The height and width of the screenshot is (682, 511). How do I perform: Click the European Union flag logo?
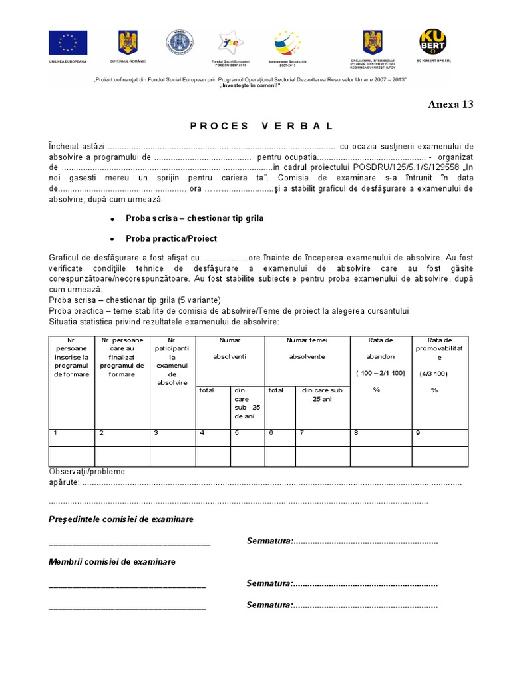68,43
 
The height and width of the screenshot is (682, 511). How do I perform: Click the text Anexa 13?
450,104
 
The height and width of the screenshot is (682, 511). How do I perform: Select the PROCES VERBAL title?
261,126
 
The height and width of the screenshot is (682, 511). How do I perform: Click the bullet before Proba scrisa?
112,219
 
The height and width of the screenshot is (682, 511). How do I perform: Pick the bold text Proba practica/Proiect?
171,238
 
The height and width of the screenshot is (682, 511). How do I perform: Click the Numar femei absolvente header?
307,348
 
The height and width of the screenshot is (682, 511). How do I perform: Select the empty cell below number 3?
172,456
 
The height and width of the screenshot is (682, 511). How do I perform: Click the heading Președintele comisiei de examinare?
121,519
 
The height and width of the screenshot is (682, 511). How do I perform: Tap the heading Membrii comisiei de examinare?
112,561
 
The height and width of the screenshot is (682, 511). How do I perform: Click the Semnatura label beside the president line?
269,541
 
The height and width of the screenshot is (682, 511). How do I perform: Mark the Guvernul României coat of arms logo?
128,43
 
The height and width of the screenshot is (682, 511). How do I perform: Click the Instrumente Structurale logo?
288,44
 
